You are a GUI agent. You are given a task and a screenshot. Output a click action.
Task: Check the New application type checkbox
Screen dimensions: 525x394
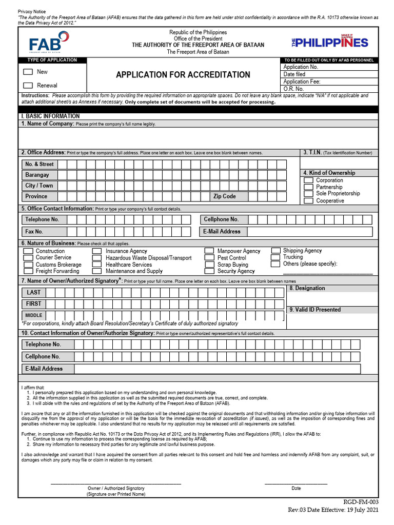pyautogui.click(x=28, y=72)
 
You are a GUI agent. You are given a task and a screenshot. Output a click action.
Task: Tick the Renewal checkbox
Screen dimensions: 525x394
pyautogui.click(x=28, y=86)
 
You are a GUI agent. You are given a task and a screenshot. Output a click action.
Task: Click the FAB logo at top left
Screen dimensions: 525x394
pyautogui.click(x=49, y=42)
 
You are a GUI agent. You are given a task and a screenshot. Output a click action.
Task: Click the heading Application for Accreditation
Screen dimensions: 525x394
pyautogui.click(x=183, y=75)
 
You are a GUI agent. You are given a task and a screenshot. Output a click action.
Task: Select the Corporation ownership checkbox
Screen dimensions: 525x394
pyautogui.click(x=308, y=180)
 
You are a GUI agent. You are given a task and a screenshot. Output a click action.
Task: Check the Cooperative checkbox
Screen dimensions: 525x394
pyautogui.click(x=308, y=200)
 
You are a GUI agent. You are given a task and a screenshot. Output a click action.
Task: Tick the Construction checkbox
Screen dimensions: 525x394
pyautogui.click(x=28, y=251)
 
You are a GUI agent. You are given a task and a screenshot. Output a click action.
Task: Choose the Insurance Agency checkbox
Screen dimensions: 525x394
pyautogui.click(x=97, y=251)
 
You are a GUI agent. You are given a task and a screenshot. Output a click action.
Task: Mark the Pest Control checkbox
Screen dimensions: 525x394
pyautogui.click(x=209, y=258)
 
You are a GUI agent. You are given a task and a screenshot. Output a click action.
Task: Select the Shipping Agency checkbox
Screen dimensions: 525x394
pyautogui.click(x=276, y=251)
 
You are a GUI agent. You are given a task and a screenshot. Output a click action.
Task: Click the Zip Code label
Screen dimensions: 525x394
pyautogui.click(x=225, y=196)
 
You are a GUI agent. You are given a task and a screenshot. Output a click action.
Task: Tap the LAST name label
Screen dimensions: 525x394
pyautogui.click(x=34, y=292)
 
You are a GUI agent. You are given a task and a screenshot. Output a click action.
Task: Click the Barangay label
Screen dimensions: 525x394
pyautogui.click(x=37, y=175)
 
